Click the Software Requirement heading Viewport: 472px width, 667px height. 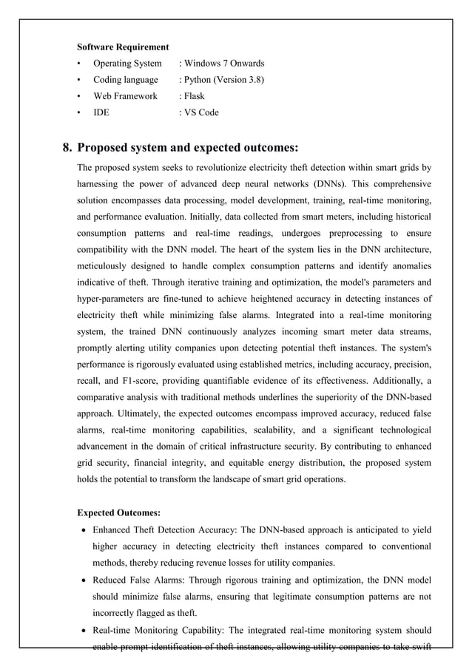[123, 47]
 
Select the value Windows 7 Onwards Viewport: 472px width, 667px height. [225, 64]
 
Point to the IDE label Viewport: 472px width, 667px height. [100, 112]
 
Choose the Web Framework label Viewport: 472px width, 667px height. [125, 96]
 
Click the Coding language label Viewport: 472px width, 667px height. [125, 80]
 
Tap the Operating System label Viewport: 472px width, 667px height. [127, 64]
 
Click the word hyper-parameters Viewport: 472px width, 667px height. [112, 298]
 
